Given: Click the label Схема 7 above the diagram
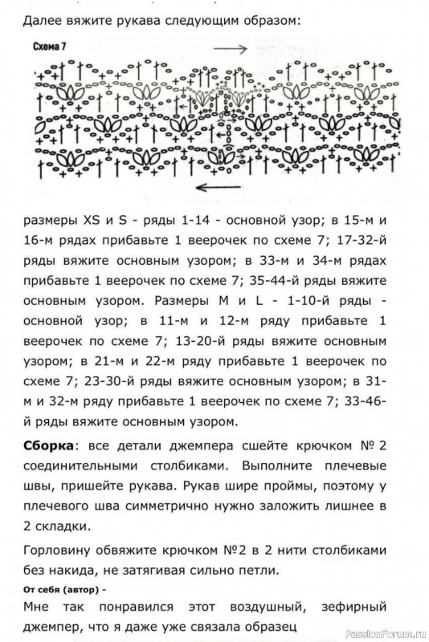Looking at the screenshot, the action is pyautogui.click(x=50, y=47).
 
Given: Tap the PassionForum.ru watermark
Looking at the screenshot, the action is pyautogui.click(x=386, y=634).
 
